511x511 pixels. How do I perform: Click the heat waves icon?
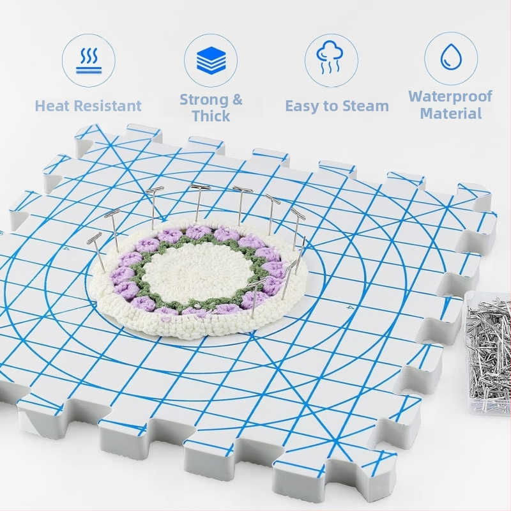89,60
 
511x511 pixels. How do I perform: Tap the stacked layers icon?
211,59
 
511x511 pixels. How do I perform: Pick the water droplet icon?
452,57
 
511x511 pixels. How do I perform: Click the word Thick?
211,116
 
